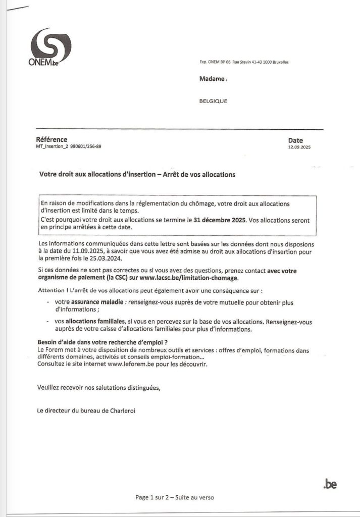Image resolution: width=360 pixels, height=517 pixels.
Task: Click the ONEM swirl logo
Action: click(50, 46)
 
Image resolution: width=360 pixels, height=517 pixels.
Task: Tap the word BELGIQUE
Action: click(214, 101)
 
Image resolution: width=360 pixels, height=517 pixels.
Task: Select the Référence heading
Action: click(52, 140)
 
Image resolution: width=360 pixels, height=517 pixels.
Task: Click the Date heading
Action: click(295, 141)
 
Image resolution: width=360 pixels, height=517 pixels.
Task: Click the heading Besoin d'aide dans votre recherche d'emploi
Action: click(99, 342)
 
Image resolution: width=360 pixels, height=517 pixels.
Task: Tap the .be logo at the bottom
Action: click(330, 484)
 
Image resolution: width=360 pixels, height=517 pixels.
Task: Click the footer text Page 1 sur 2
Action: click(152, 497)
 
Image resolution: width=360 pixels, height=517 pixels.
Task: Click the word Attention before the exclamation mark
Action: click(52, 291)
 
